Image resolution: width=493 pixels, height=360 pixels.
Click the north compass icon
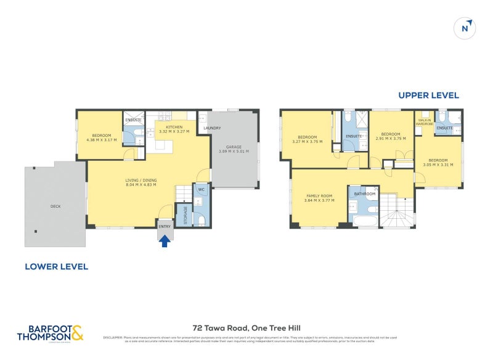466,28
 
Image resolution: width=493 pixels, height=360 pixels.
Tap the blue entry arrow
165,242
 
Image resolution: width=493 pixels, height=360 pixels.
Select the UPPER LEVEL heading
428,95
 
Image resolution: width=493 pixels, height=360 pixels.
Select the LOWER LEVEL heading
56,266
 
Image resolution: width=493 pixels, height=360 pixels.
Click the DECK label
55,207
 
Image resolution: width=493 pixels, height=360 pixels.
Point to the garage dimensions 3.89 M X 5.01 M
235,151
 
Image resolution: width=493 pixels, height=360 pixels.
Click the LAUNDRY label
212,128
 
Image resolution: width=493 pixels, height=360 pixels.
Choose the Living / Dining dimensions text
142,184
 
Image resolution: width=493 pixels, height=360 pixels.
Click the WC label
201,189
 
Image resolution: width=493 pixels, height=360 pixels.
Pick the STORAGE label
185,215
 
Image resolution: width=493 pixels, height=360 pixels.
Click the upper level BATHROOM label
365,194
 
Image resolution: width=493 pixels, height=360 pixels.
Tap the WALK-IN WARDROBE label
425,122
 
